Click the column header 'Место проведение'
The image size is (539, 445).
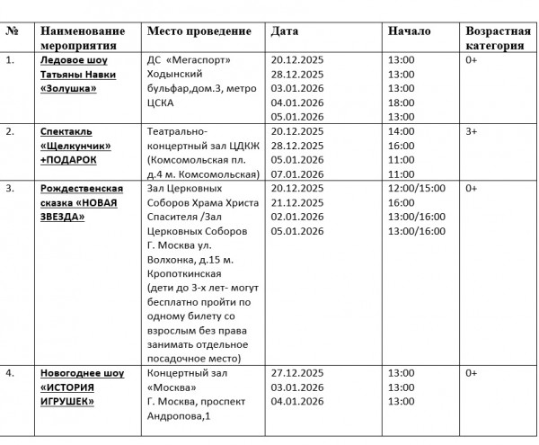(x=199, y=31)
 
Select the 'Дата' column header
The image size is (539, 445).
(x=285, y=31)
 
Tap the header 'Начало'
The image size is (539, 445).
(x=409, y=31)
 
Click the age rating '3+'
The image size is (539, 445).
(x=472, y=131)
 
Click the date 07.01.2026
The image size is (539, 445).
(x=297, y=174)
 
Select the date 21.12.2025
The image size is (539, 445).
(x=297, y=203)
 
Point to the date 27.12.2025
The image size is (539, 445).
(x=297, y=372)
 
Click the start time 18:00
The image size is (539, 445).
(x=401, y=102)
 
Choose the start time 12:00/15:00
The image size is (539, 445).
(x=416, y=189)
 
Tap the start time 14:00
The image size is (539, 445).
(x=401, y=131)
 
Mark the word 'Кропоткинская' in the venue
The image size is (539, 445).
(x=182, y=275)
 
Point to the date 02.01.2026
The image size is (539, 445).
(x=297, y=218)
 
